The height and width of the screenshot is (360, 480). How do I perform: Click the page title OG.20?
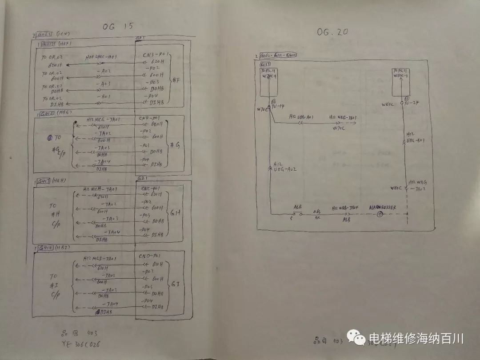pyautogui.click(x=332, y=32)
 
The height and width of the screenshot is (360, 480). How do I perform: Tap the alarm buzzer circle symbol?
pyautogui.click(x=380, y=215)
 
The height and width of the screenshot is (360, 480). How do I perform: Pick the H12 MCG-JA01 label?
pyautogui.click(x=102, y=120)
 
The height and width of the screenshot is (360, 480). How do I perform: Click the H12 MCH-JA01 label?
pyautogui.click(x=100, y=189)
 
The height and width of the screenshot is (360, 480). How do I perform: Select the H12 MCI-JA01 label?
pyautogui.click(x=100, y=259)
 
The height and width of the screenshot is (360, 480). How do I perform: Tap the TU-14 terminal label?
pyautogui.click(x=277, y=105)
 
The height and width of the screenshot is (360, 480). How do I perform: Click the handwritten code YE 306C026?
pyautogui.click(x=83, y=344)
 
